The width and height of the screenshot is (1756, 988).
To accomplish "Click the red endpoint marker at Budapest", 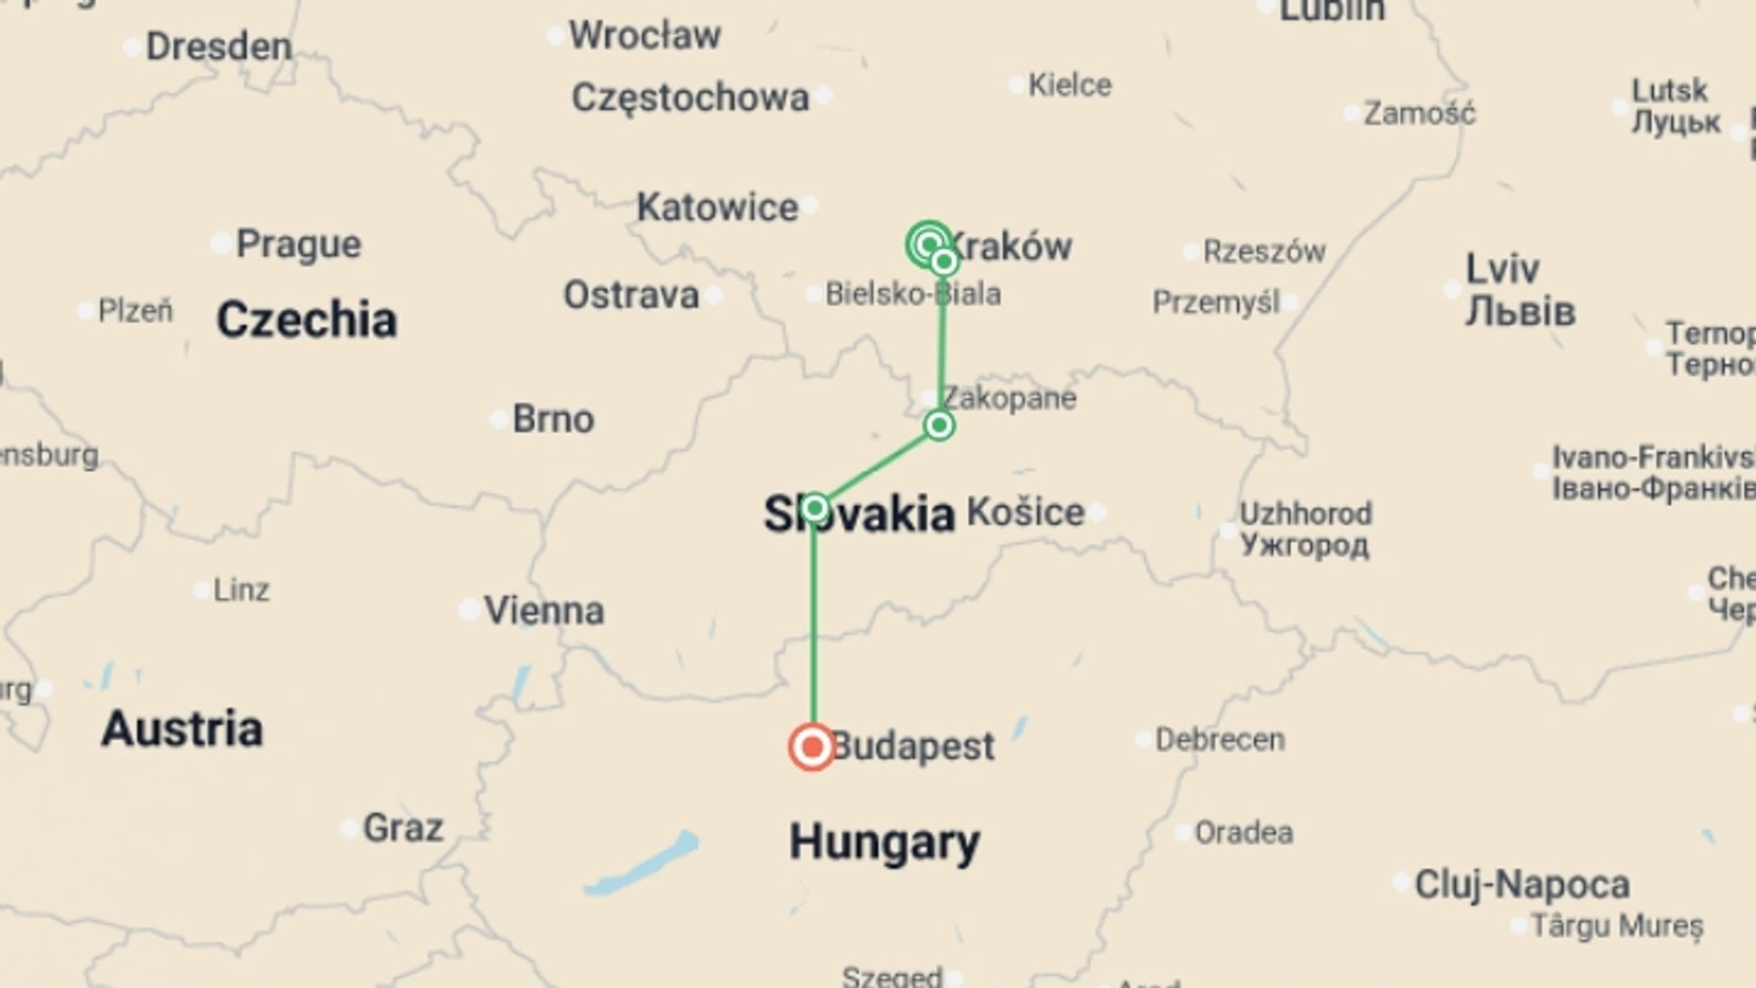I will (811, 747).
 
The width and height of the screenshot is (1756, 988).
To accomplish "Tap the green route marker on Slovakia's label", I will (814, 508).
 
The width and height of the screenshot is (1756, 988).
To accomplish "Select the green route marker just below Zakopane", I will (939, 425).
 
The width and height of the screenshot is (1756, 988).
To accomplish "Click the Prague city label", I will (298, 244).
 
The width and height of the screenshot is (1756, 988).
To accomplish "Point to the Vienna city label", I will (543, 610).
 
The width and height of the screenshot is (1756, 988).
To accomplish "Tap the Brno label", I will (552, 419).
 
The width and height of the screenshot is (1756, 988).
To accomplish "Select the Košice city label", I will (1025, 512).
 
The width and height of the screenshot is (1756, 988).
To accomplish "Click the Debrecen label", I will (1219, 739).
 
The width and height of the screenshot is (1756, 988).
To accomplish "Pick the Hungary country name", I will (884, 842).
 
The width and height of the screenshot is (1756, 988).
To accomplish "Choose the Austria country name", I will (182, 729).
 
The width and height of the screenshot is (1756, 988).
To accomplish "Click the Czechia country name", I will (306, 320).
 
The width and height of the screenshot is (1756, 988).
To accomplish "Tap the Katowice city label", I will (717, 208).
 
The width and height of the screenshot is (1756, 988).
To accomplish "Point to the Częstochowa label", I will (691, 98).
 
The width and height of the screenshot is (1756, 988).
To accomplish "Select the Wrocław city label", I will (645, 37).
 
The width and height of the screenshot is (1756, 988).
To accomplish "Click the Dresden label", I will (219, 47).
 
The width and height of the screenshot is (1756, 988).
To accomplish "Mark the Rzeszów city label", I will (1264, 252).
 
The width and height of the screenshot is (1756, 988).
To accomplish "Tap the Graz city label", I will (402, 828).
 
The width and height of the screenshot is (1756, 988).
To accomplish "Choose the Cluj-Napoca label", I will (1522, 885).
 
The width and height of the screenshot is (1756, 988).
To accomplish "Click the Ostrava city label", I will (631, 295).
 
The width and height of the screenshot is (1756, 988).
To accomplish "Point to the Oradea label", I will (1244, 832).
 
